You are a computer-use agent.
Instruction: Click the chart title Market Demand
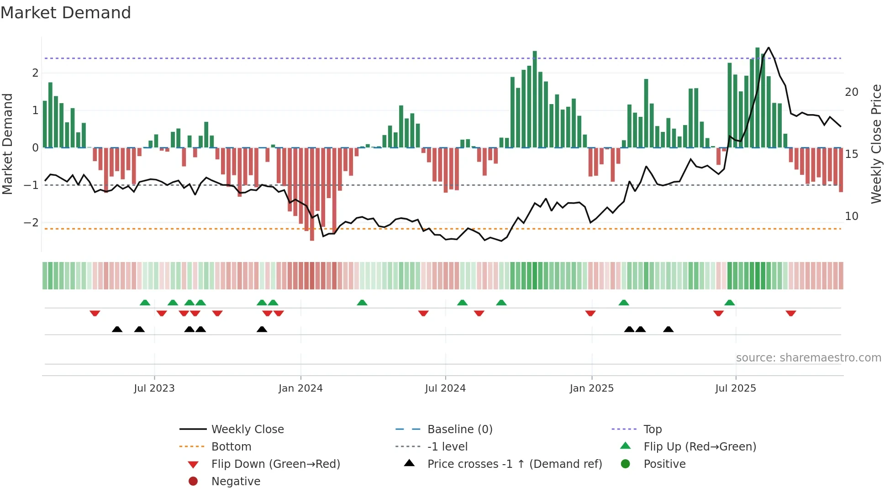(x=66, y=13)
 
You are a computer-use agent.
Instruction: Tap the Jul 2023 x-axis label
(x=154, y=388)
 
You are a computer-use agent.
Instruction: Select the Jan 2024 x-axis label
(x=300, y=388)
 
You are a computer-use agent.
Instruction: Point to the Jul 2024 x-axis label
(x=445, y=388)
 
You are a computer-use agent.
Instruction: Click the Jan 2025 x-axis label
(x=591, y=388)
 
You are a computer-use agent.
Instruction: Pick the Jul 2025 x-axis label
(x=736, y=388)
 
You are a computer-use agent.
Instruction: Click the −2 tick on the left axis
(x=31, y=223)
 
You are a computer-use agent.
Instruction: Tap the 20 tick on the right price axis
(x=852, y=92)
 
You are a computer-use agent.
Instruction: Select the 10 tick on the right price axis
(x=852, y=216)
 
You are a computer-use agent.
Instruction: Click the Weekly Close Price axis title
(x=876, y=144)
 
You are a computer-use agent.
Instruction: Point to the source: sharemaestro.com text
(x=808, y=357)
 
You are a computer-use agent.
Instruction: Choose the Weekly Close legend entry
(x=247, y=429)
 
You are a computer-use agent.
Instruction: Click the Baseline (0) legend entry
(x=459, y=429)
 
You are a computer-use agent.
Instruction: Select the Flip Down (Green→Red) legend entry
(x=275, y=464)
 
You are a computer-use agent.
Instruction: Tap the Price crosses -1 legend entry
(x=514, y=464)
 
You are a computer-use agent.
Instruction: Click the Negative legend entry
(x=236, y=481)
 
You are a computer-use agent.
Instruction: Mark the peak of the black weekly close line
(x=769, y=47)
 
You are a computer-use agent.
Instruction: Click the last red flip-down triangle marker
(x=791, y=313)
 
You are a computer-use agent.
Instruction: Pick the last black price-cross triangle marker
(x=668, y=329)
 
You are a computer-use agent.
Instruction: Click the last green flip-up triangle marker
(x=729, y=303)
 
